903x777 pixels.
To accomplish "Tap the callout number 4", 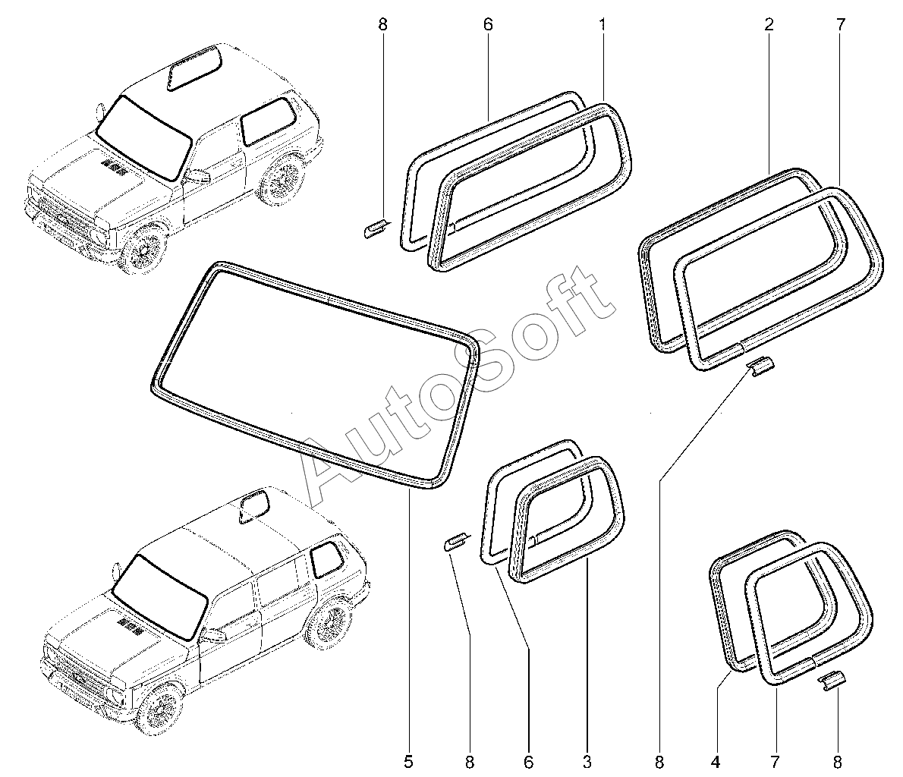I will click(716, 760).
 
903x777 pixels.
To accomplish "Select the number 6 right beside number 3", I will click(529, 760).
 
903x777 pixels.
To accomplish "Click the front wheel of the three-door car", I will click(144, 249).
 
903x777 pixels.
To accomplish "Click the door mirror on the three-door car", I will click(200, 176).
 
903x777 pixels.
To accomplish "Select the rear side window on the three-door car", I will click(266, 120).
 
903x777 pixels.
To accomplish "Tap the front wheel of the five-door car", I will click(161, 707).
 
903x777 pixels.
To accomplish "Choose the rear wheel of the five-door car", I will click(331, 622).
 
